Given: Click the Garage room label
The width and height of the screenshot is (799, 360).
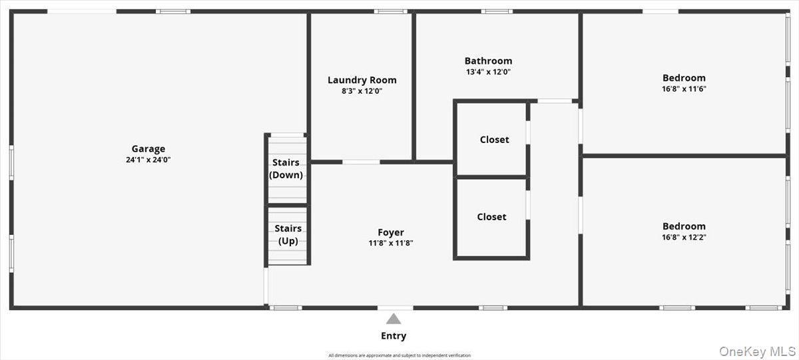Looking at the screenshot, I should click(148, 149).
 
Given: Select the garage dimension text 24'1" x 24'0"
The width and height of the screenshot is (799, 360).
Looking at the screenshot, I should click(148, 160).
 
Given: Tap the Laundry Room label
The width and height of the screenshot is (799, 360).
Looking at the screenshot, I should click(362, 81).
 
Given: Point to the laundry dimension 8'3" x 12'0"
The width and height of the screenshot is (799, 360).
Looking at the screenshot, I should click(362, 91).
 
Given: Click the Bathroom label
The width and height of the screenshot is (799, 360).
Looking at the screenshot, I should click(488, 61).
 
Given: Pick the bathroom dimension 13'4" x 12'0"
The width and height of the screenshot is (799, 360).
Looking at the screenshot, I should click(488, 72).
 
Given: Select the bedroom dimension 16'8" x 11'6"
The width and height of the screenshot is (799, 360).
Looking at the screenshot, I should click(684, 89).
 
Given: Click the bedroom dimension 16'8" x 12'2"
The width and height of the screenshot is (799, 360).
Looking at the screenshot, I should click(684, 237).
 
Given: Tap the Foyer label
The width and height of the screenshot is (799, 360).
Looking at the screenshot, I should click(391, 232).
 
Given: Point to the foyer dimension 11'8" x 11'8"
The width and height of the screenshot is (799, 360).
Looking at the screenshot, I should click(391, 243).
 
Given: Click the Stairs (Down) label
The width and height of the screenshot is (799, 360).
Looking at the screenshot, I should click(286, 169).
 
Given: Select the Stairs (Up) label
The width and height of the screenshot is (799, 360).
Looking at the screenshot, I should click(288, 234).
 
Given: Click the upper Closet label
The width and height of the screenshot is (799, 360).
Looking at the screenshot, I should click(494, 140).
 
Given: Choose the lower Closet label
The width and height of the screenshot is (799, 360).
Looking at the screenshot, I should click(491, 217).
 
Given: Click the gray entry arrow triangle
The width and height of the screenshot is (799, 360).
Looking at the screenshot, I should click(394, 319).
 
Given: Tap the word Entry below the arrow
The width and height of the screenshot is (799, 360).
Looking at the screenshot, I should click(394, 336).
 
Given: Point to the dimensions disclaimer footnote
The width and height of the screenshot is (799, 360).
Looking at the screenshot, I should click(399, 355).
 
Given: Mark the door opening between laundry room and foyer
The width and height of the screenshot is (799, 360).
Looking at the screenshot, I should click(361, 162).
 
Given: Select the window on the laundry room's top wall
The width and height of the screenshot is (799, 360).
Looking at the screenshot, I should click(390, 11).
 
